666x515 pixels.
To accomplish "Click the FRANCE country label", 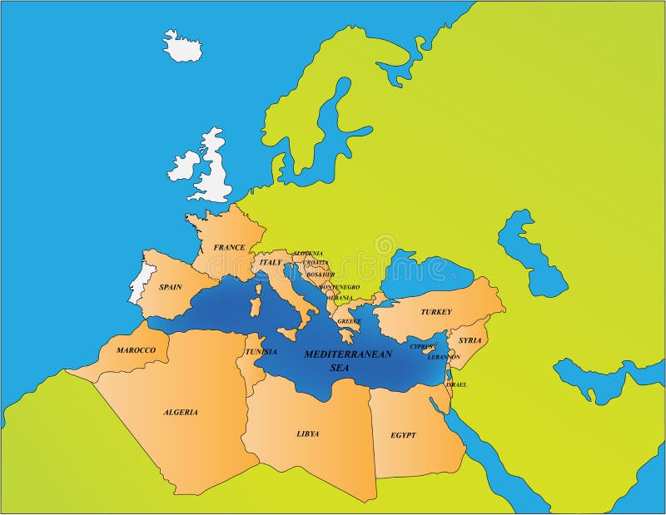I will coord(229,247).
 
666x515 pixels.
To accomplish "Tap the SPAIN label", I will coord(171,287).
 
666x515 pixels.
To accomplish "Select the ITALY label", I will coord(271,262).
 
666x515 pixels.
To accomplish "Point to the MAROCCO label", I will coord(136,350).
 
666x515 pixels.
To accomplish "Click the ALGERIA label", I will coord(181,412).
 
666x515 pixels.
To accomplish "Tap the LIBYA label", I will coord(307,433).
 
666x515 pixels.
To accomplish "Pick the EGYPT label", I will coord(403,435).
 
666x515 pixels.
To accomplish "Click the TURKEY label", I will coord(435,312).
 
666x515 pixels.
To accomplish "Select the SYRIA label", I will coord(470,340).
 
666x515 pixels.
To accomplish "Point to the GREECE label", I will coord(349,321).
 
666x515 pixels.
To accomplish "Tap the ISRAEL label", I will coord(456,384).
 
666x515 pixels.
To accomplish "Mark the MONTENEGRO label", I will coord(339,286).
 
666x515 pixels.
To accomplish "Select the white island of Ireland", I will coord(182,166).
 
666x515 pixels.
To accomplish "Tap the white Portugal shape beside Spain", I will coord(139,283).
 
